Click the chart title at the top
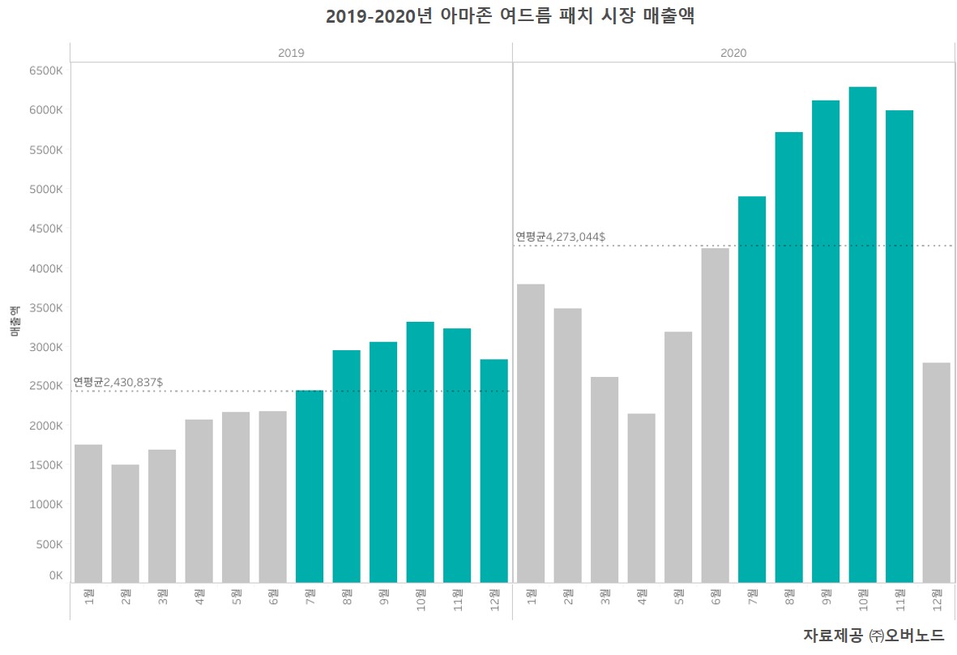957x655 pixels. pos(510,16)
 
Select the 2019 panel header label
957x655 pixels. pos(291,53)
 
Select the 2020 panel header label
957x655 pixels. pos(733,53)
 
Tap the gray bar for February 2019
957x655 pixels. pos(125,523)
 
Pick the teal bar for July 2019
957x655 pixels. pos(310,486)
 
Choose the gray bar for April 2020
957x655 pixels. pos(641,498)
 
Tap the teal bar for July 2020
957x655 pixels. pos(752,389)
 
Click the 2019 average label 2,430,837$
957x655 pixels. pos(118,381)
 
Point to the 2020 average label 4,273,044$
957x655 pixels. pos(561,237)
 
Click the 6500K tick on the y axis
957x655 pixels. pos(45,71)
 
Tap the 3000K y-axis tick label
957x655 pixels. pos(45,347)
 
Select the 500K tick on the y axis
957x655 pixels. pos(49,544)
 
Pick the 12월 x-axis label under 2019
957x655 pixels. pos(494,599)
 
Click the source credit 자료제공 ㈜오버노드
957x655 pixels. pos(874,635)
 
